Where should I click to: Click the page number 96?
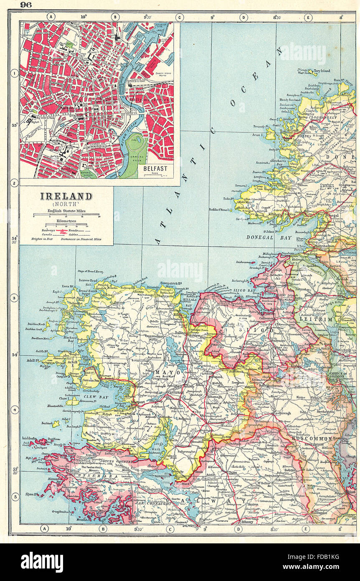26,5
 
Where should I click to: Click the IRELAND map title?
66,196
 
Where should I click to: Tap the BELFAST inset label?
155,168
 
